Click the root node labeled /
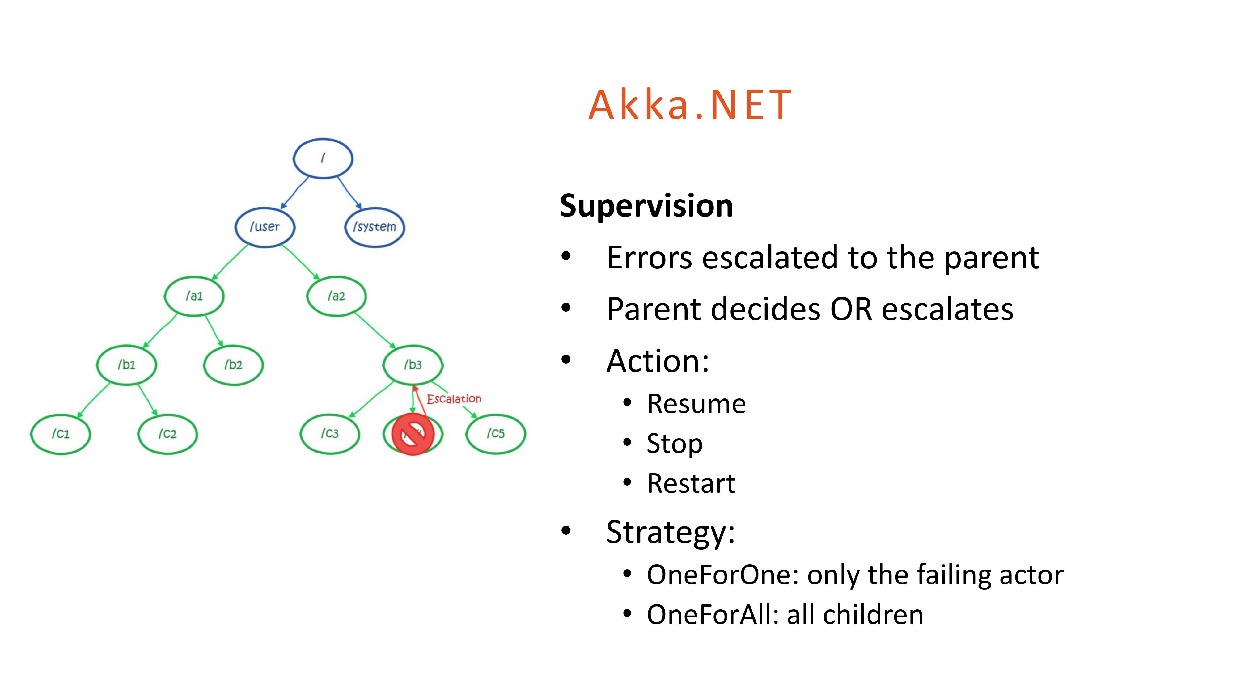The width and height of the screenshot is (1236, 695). pos(323,158)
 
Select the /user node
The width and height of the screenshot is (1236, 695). pos(265,227)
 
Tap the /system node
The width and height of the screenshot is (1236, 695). pos(375,227)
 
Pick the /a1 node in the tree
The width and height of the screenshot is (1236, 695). pos(194,296)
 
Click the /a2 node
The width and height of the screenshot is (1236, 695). pos(337,296)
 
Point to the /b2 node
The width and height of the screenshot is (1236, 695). pos(233,365)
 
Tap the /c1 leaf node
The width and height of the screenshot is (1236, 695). pos(61,434)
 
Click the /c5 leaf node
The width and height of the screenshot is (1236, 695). pos(496,434)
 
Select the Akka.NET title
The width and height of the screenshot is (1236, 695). pos(690,105)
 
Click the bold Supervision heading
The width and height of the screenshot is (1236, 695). pos(646,206)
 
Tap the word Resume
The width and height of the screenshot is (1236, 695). pos(696,404)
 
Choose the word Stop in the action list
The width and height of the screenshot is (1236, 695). pos(675,444)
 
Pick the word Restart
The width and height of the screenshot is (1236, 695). pos(691,483)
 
